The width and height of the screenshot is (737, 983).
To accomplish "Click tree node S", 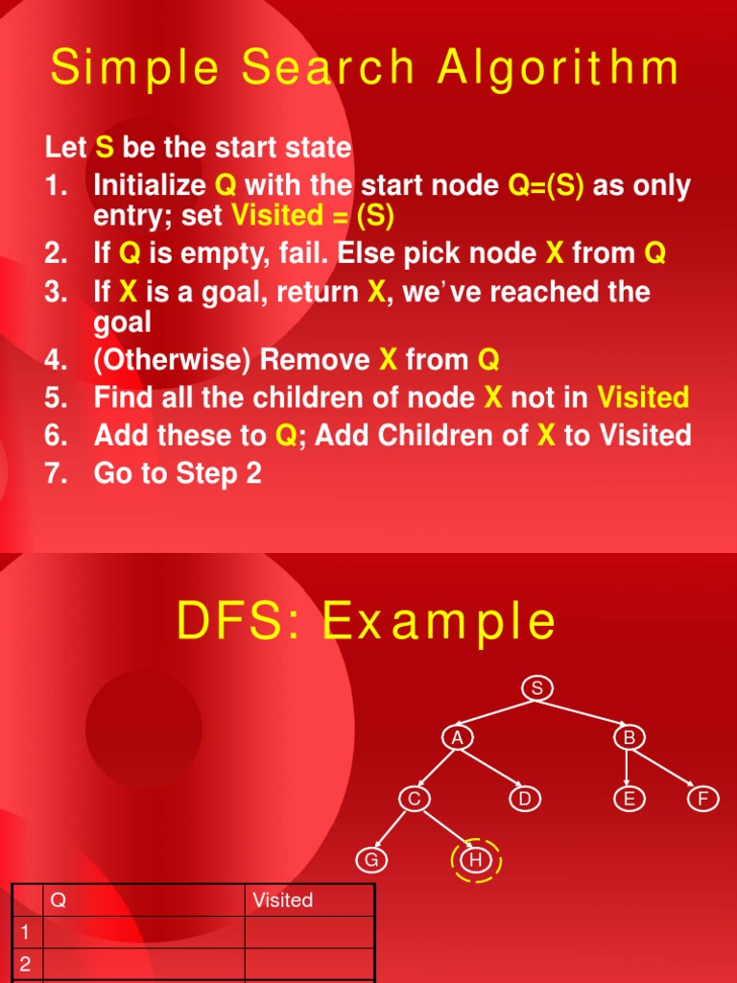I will click(x=537, y=687).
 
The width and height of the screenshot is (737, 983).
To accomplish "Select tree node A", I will click(x=458, y=737).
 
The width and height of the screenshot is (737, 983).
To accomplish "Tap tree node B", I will click(x=630, y=737).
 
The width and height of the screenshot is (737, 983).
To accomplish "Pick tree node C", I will click(x=414, y=799).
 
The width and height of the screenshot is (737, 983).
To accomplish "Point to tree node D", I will click(x=524, y=799).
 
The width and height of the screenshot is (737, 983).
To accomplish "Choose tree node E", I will click(x=630, y=799).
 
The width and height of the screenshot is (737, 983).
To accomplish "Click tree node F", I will click(x=703, y=799).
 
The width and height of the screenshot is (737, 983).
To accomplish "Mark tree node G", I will click(x=370, y=860).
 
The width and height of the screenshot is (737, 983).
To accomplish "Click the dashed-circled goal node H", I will click(x=475, y=860).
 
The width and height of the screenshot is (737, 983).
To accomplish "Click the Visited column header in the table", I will click(x=282, y=900).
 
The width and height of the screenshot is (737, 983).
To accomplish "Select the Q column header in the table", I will click(x=58, y=900).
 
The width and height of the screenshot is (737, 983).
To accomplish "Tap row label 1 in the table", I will click(x=25, y=932).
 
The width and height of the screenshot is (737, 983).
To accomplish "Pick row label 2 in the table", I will click(x=25, y=965).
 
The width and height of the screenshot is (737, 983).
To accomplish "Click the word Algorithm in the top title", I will click(x=548, y=69).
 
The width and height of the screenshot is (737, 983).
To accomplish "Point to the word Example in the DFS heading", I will click(x=439, y=622).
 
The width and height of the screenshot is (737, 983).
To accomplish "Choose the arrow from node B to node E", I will click(x=629, y=768).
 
